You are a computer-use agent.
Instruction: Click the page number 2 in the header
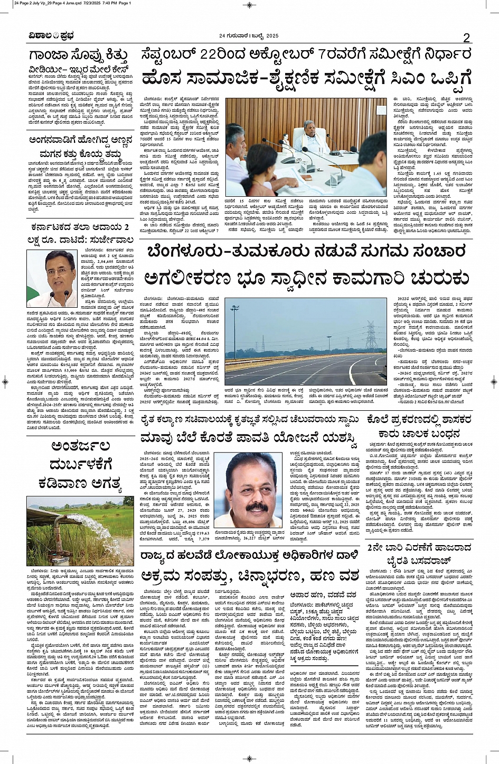click(x=466, y=37)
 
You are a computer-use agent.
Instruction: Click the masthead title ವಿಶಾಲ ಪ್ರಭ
click(x=51, y=36)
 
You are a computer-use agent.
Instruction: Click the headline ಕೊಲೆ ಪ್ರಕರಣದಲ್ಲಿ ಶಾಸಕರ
click(x=420, y=419)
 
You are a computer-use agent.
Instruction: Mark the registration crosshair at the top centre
click(x=249, y=5)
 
